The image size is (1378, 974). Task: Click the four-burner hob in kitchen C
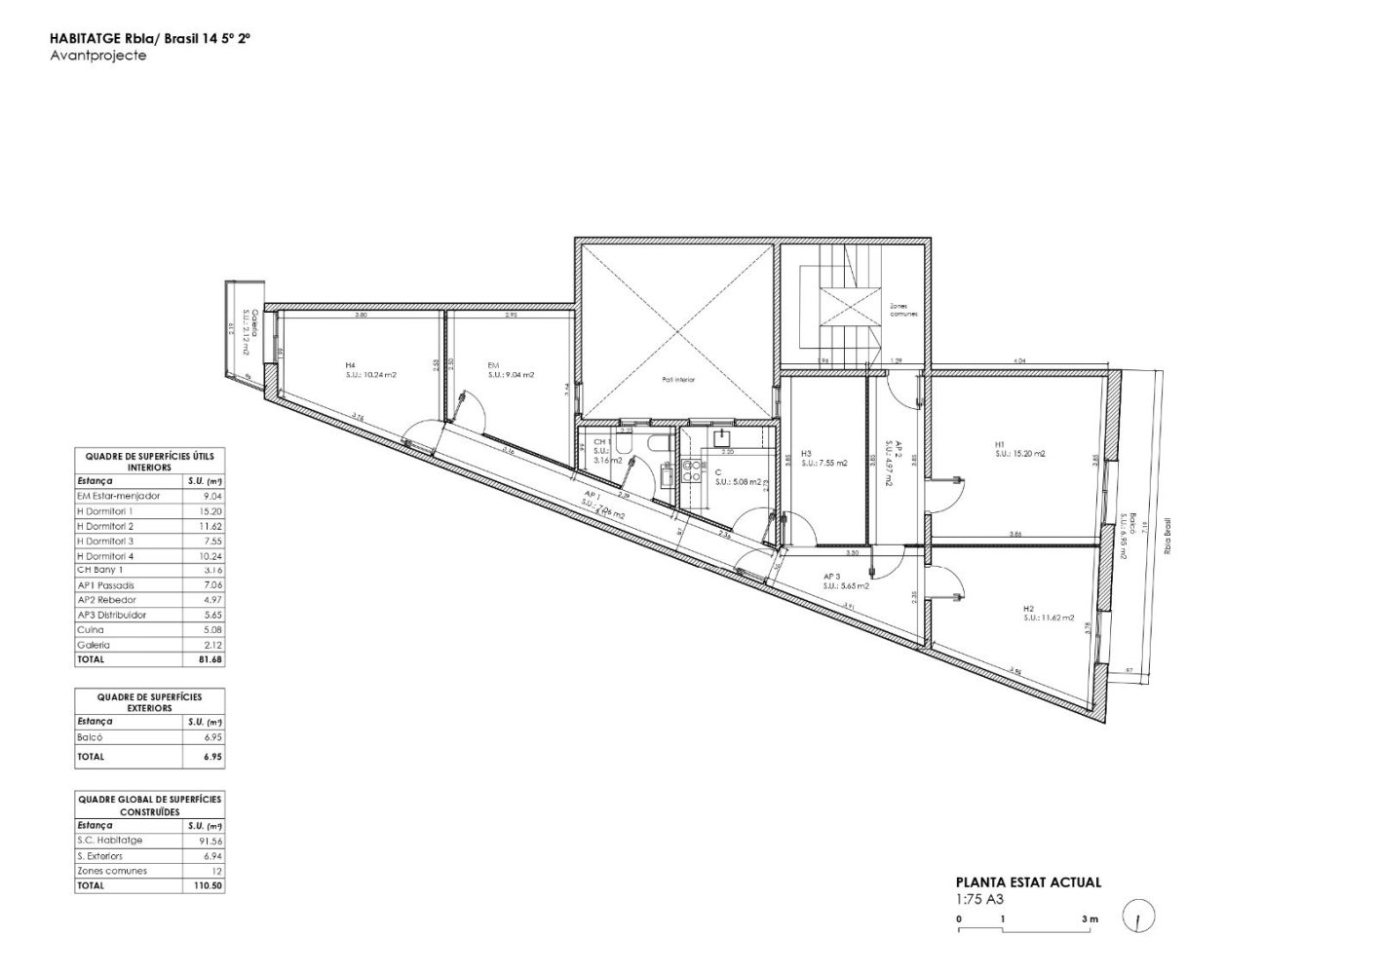tap(693, 470)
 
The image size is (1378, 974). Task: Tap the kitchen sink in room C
tap(721, 437)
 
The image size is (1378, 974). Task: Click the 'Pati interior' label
tap(678, 380)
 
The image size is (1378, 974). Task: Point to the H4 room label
tap(349, 364)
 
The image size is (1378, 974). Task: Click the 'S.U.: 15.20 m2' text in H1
tap(1019, 454)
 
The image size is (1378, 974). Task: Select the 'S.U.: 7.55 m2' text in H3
tap(824, 464)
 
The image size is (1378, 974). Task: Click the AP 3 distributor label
tap(831, 576)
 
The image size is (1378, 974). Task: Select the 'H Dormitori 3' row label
tap(105, 541)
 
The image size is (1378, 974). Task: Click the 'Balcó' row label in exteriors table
tap(89, 737)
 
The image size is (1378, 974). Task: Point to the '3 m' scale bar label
tap(1089, 918)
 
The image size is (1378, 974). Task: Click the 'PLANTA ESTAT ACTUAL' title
tap(1028, 882)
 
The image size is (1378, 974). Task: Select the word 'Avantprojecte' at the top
tap(97, 56)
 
